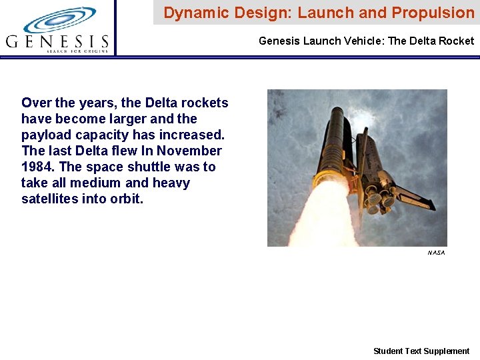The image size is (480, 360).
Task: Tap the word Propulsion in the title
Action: coord(433,13)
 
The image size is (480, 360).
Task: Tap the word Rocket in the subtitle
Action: coord(457,41)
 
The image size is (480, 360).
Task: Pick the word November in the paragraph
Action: coord(191,151)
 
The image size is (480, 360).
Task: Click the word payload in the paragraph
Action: coord(45,135)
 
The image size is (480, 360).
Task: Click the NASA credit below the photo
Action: coord(436,253)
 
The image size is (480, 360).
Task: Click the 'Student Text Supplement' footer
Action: coord(421,351)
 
